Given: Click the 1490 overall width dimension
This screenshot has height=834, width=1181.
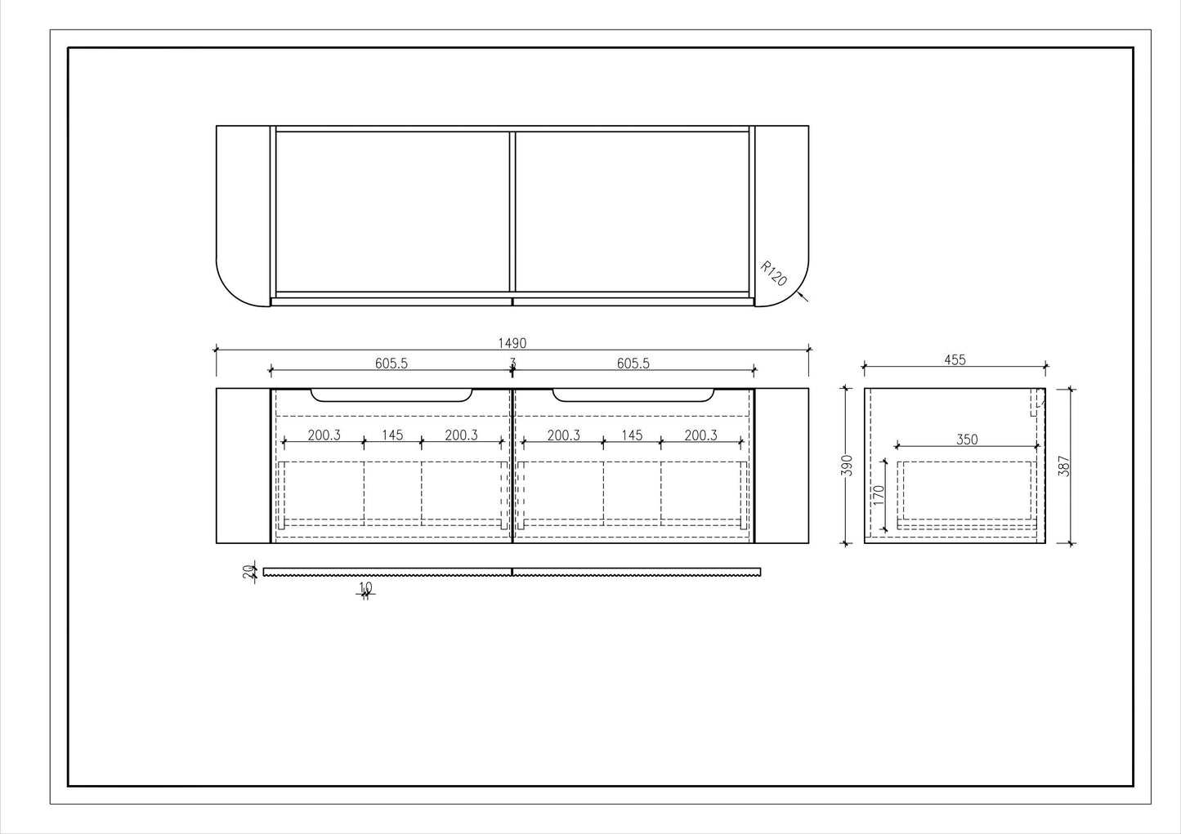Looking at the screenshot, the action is click(x=512, y=344).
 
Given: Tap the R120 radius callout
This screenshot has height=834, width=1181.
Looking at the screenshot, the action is click(x=773, y=274).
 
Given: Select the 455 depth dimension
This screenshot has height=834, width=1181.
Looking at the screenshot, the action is click(x=955, y=360).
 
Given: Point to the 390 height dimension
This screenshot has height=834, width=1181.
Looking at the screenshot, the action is click(x=847, y=466).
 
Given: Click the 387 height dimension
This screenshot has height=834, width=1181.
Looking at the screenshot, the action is click(x=1064, y=466).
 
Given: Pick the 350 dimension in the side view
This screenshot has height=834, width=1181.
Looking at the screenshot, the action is click(x=967, y=439).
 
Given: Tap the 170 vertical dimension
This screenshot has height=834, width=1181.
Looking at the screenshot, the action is click(x=879, y=495).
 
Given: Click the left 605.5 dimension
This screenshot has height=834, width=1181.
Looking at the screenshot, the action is click(x=391, y=363).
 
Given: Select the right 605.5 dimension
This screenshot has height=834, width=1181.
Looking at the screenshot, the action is click(x=633, y=363).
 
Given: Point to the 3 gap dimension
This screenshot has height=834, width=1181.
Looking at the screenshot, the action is click(x=512, y=363).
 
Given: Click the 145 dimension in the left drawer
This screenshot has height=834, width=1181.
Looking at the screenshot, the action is click(x=392, y=435).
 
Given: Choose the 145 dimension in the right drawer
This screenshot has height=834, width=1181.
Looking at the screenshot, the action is click(x=632, y=435).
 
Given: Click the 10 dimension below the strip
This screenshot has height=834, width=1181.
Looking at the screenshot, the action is click(x=365, y=587).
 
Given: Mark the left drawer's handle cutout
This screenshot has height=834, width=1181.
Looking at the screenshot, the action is click(x=391, y=395).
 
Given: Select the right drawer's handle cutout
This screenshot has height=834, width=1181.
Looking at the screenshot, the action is click(x=633, y=395).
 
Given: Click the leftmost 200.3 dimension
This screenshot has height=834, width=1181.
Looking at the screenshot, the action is click(x=324, y=435).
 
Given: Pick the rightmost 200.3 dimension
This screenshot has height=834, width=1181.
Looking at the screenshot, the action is click(x=700, y=435).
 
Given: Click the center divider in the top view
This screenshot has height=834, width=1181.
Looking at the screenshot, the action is click(x=512, y=212).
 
